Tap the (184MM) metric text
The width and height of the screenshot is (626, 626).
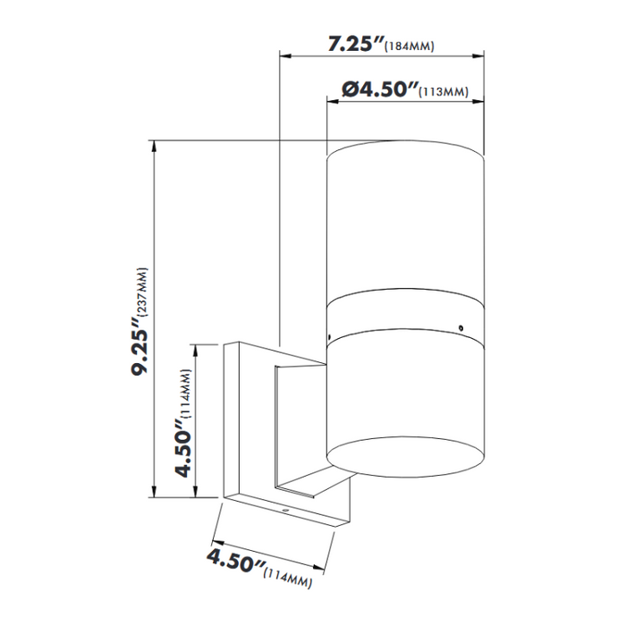pyautogui.click(x=409, y=47)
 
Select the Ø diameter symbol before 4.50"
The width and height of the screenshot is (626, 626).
pyautogui.click(x=351, y=89)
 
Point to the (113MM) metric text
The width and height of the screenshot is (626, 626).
pyautogui.click(x=445, y=92)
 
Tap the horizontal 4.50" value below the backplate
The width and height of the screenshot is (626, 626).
pyautogui.click(x=235, y=564)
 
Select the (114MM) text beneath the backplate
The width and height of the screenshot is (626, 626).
pyautogui.click(x=289, y=577)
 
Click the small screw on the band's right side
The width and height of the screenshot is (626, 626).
pyautogui.click(x=461, y=328)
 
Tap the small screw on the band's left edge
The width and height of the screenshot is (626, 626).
pyautogui.click(x=329, y=337)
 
